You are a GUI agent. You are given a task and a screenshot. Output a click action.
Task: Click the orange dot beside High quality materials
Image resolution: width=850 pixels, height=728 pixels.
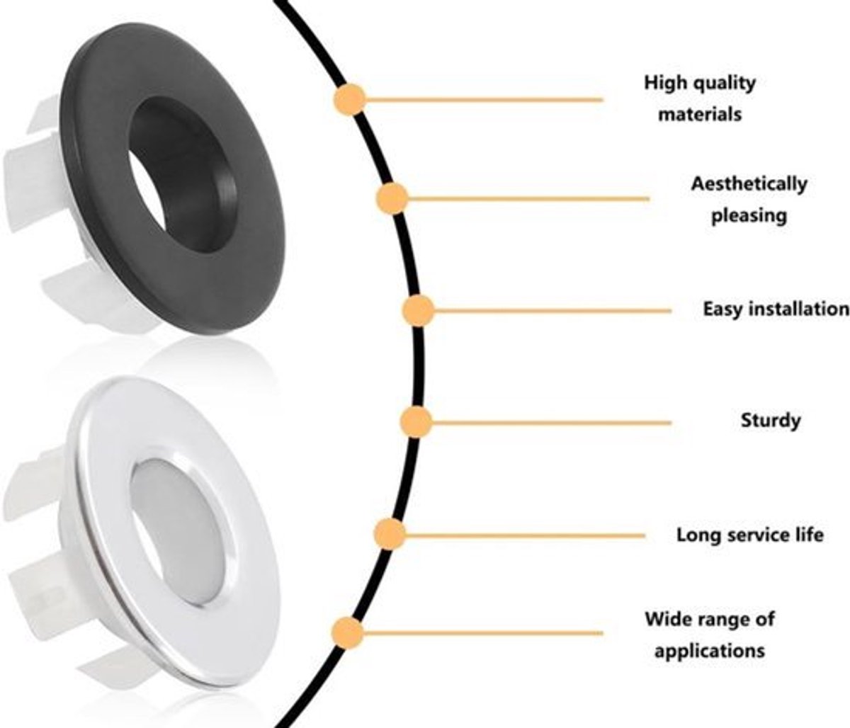coord(349,99)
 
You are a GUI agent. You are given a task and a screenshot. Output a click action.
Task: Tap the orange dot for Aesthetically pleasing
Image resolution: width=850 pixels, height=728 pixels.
coord(392,199)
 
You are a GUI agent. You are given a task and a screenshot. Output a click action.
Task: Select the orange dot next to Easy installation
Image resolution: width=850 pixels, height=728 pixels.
coord(418,311)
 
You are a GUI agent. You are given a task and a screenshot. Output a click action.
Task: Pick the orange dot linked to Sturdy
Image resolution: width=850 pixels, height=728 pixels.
coord(416,422)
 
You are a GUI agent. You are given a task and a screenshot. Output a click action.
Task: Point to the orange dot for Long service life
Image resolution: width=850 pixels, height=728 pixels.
coord(390,534)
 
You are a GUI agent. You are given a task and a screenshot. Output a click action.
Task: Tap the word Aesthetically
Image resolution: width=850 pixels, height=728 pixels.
coord(749,183)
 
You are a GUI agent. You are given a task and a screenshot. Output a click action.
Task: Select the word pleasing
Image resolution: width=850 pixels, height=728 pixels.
coord(749,216)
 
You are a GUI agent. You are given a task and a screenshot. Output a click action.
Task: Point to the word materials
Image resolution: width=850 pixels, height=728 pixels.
coord(700,114)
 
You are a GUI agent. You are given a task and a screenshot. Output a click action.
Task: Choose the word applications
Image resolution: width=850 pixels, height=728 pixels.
coord(710,652)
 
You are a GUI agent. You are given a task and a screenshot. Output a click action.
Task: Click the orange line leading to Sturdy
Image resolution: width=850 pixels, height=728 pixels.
coord(551,422)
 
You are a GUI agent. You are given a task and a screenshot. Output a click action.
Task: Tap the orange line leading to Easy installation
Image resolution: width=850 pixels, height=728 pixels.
coord(552,311)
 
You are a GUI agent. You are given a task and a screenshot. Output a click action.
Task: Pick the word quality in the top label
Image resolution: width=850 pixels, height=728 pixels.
coord(725,84)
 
